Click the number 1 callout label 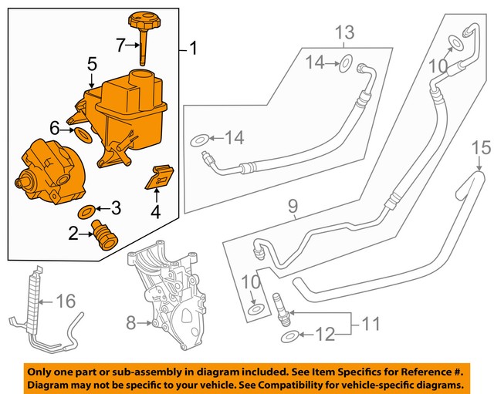[192, 50]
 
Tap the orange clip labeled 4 [158, 177]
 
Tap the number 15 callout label [481, 146]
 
